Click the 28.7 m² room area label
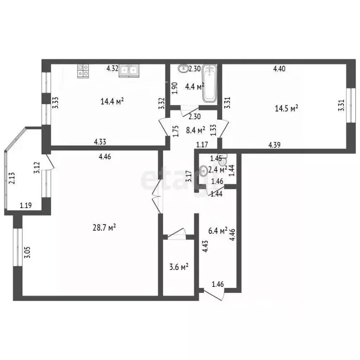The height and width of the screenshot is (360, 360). pyautogui.click(x=105, y=228)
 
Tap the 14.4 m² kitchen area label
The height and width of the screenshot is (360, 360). pyautogui.click(x=112, y=100)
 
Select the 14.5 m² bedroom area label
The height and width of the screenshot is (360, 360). pyautogui.click(x=286, y=108)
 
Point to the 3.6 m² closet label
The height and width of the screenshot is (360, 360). pyautogui.click(x=179, y=267)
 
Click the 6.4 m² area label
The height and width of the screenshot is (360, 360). pyautogui.click(x=217, y=231)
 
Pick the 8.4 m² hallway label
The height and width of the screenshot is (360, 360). pyautogui.click(x=195, y=130)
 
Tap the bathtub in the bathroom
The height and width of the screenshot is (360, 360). pyautogui.click(x=210, y=84)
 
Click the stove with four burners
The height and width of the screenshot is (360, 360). pyautogui.click(x=83, y=70)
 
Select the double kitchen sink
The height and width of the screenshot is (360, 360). pyautogui.click(x=129, y=70)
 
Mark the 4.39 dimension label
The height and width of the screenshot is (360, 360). pyautogui.click(x=274, y=145)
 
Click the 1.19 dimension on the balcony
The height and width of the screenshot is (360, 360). pyautogui.click(x=26, y=205)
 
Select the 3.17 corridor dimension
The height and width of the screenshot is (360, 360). pyautogui.click(x=189, y=176)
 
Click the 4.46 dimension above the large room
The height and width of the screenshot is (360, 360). pyautogui.click(x=105, y=157)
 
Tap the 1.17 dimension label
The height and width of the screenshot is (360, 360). pyautogui.click(x=202, y=144)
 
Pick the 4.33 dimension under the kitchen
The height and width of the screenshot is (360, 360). pyautogui.click(x=101, y=142)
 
